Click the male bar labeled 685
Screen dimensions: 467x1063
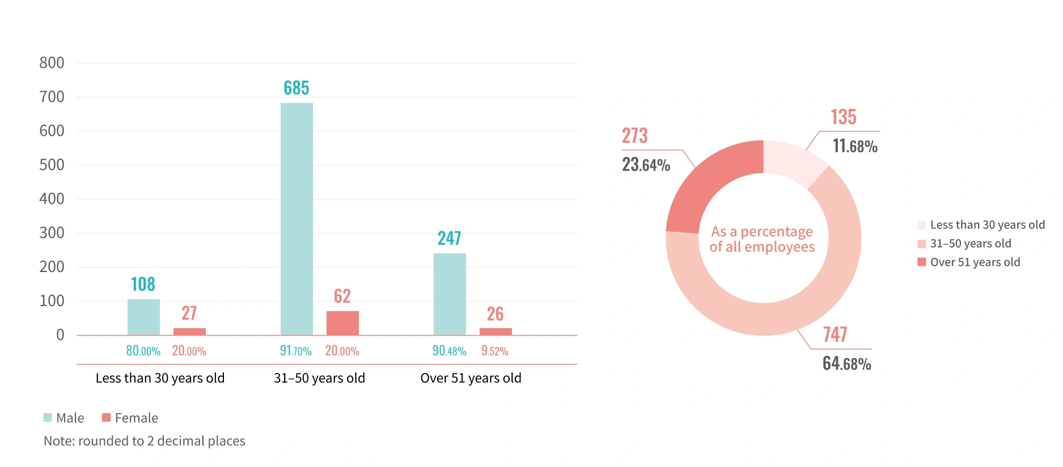point(297,219)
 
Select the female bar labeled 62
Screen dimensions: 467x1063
point(342,323)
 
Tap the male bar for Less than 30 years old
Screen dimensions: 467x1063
point(143,317)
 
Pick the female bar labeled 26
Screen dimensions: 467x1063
point(495,332)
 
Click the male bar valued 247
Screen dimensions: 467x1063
point(450,294)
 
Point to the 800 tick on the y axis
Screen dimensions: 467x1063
point(52,63)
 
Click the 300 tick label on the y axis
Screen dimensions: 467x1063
point(52,233)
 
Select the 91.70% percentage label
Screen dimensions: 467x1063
point(296,351)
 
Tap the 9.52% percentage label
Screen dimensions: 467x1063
point(494,351)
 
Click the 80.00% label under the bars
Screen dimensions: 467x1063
point(143,351)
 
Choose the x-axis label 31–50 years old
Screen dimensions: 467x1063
point(319,378)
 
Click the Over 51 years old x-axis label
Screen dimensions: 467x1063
point(471,378)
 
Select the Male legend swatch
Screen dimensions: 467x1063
point(48,418)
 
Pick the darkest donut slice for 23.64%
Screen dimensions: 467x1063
point(712,181)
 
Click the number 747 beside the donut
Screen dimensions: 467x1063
point(835,334)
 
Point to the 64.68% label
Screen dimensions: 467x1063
point(846,363)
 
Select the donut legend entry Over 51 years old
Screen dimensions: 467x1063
point(975,262)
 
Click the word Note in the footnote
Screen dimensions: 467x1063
point(58,441)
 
